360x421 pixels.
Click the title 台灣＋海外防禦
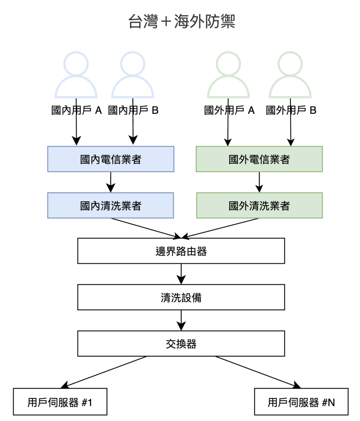coord(181,22)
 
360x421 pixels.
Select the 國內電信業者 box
coord(111,159)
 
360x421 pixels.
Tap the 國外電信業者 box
coord(259,159)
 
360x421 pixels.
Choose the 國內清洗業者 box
coord(111,206)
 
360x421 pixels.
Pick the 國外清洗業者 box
coord(259,206)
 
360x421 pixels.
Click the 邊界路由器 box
coord(181,251)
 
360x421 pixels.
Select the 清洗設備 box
coord(181,298)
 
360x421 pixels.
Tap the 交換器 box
coord(181,344)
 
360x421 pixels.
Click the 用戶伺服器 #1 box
coord(60,402)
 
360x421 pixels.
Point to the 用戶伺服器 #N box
coord(301,402)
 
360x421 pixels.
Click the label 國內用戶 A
coord(77,111)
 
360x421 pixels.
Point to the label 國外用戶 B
coord(291,111)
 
